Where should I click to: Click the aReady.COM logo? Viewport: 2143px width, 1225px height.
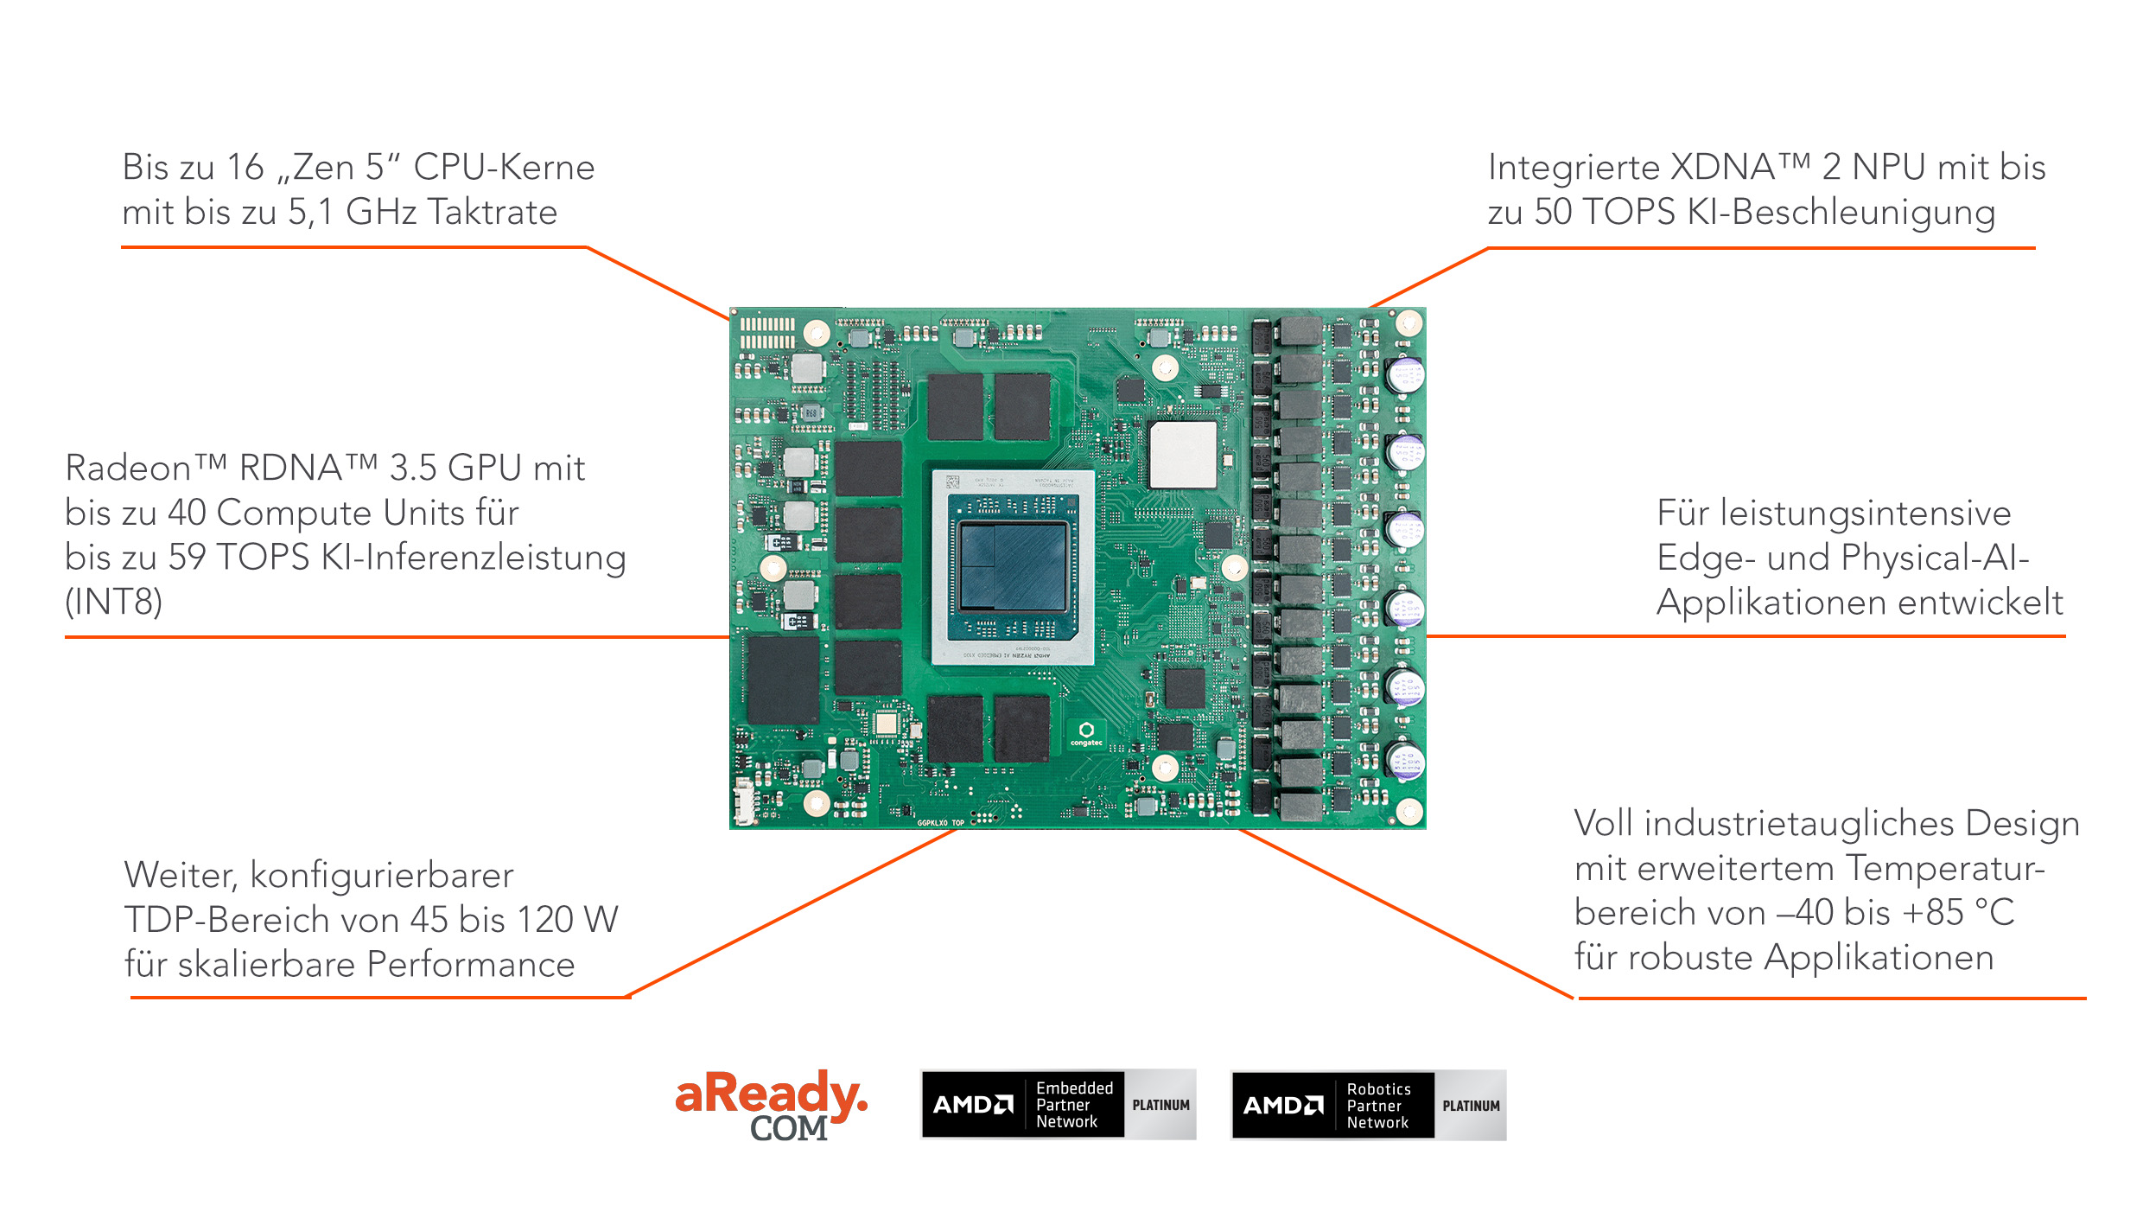[x=771, y=1106]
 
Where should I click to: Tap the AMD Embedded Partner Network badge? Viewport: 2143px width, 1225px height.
[x=1059, y=1104]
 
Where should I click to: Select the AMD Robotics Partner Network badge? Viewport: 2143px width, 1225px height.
[x=1369, y=1105]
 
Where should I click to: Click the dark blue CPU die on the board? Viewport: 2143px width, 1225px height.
[x=1012, y=567]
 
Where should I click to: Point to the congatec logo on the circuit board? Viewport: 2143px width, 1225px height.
[x=1086, y=734]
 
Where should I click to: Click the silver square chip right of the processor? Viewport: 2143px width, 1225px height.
[x=1183, y=455]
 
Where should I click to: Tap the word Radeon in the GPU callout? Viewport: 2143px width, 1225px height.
[x=128, y=468]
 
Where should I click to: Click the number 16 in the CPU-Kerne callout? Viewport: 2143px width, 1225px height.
[x=245, y=167]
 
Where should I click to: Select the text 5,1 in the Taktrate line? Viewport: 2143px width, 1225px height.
[x=310, y=213]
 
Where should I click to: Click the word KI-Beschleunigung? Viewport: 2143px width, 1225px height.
[x=1841, y=213]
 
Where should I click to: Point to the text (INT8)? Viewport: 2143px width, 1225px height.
[x=114, y=602]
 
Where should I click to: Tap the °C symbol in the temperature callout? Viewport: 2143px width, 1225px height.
[x=1994, y=913]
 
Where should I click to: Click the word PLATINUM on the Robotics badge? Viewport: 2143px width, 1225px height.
[x=1471, y=1106]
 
